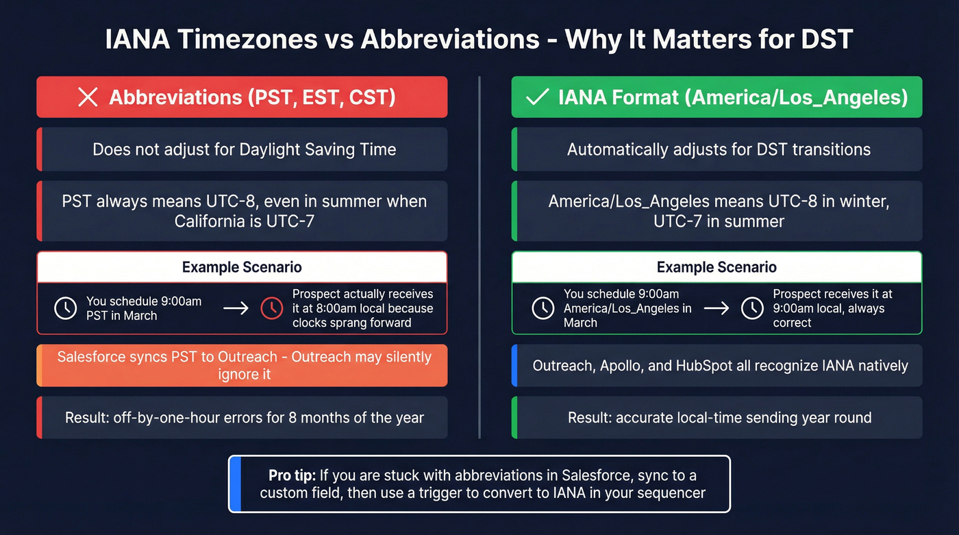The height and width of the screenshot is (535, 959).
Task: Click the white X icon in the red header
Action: pyautogui.click(x=88, y=97)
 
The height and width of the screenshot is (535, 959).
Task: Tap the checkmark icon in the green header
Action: pyautogui.click(x=536, y=97)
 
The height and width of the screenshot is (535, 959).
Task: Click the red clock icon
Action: pyautogui.click(x=272, y=308)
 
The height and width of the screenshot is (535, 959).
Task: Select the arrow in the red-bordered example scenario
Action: pyautogui.click(x=236, y=308)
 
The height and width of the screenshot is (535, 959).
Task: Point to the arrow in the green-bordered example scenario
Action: pyautogui.click(x=717, y=308)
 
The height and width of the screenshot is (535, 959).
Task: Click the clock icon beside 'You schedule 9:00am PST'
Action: pyautogui.click(x=65, y=308)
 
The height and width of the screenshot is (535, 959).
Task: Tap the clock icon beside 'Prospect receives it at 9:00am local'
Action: pyautogui.click(x=752, y=308)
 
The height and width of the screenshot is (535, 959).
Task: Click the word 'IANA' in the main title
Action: pyautogui.click(x=136, y=38)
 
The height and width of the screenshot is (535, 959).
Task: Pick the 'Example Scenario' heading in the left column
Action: pyautogui.click(x=242, y=267)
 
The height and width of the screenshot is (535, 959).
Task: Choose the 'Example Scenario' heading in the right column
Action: pyautogui.click(x=717, y=267)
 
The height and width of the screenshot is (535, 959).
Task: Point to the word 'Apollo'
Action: pyautogui.click(x=621, y=366)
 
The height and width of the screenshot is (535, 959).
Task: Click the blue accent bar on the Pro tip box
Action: pyautogui.click(x=235, y=484)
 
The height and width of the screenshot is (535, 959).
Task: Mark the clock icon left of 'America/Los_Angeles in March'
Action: pyautogui.click(x=543, y=308)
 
